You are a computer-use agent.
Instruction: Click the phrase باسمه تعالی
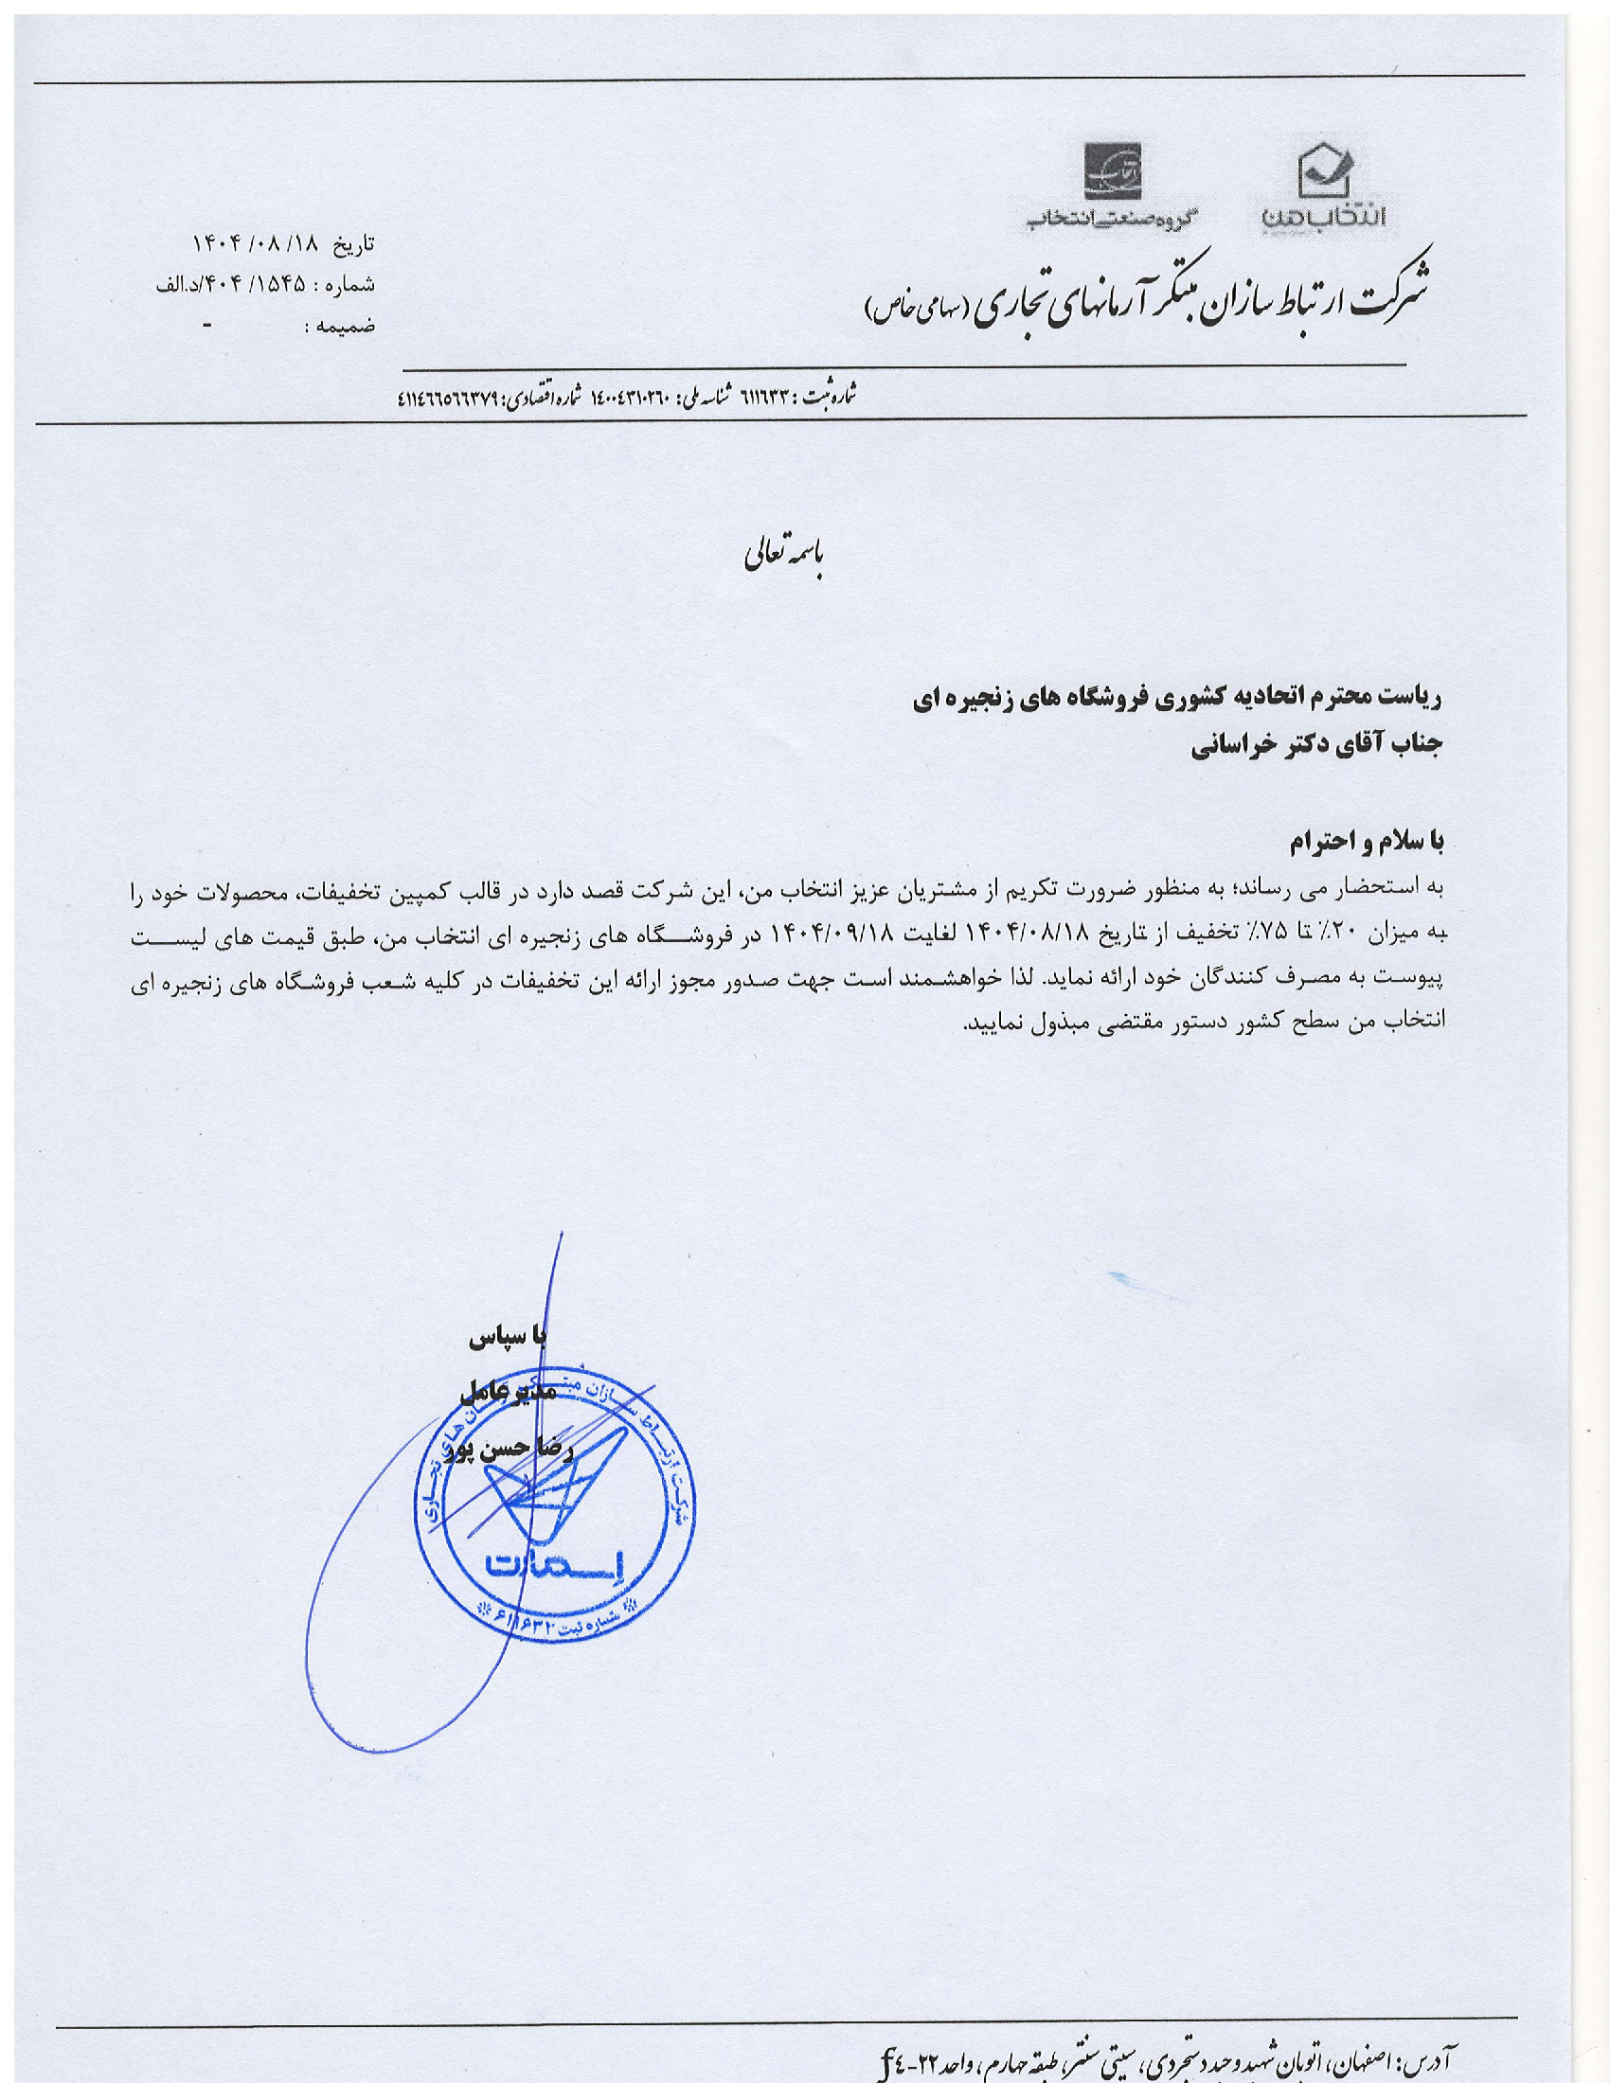point(783,561)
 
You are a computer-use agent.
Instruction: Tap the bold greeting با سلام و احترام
point(1366,842)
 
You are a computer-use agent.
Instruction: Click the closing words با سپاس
point(507,1338)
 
